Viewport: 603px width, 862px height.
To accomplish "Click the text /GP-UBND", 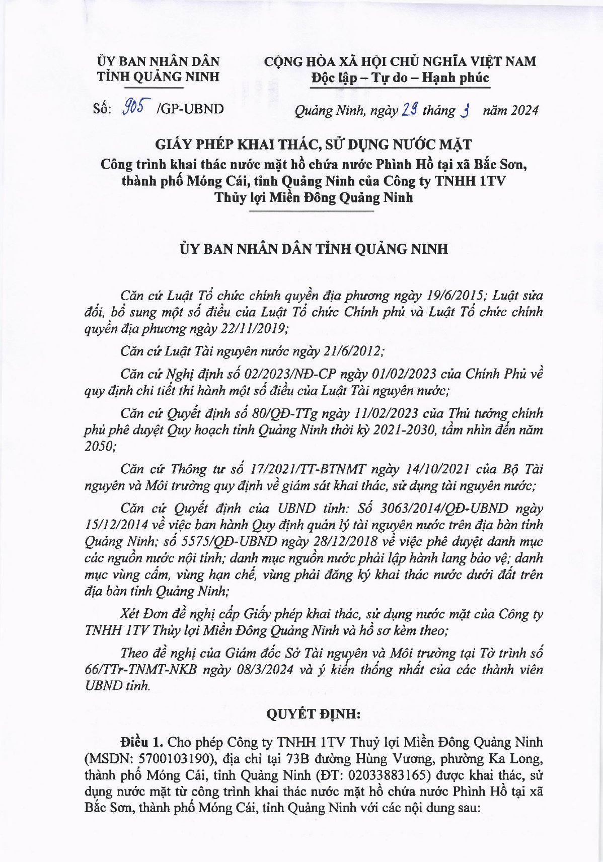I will (x=190, y=109).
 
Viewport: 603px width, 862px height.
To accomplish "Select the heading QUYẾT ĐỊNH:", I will (x=313, y=714).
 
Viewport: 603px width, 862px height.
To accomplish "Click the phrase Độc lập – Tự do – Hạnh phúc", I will (x=400, y=78).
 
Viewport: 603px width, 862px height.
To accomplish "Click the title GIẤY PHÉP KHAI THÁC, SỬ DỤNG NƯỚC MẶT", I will (x=313, y=145).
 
